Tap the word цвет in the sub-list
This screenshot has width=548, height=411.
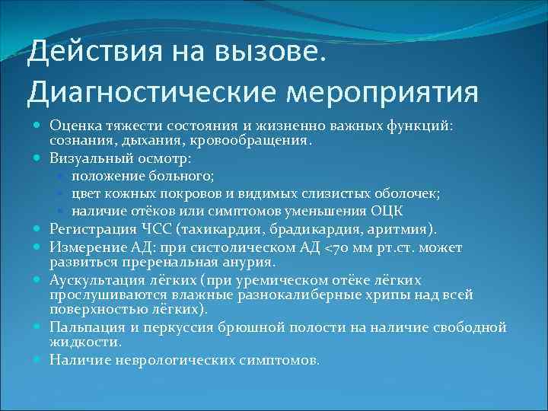(x=87, y=193)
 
